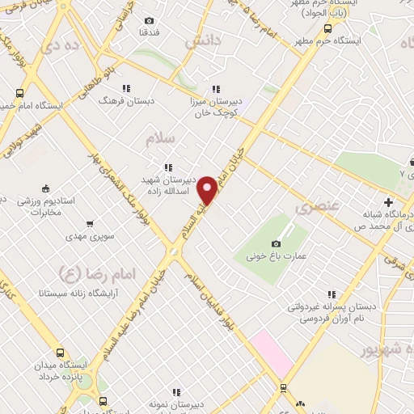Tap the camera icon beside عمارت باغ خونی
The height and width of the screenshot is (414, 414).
(277, 243)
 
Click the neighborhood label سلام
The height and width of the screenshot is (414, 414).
(160, 139)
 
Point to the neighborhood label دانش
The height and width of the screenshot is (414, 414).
(203, 43)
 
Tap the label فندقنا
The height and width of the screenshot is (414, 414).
(149, 32)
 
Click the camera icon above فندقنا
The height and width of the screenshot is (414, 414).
(149, 20)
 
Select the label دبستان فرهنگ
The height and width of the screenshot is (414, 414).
(120, 103)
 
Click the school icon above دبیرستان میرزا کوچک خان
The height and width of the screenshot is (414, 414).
(215, 89)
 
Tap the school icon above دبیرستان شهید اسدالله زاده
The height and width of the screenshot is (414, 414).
(167, 167)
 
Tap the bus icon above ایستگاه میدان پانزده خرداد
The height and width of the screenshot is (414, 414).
(60, 353)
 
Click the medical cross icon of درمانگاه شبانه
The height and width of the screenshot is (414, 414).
(388, 201)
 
